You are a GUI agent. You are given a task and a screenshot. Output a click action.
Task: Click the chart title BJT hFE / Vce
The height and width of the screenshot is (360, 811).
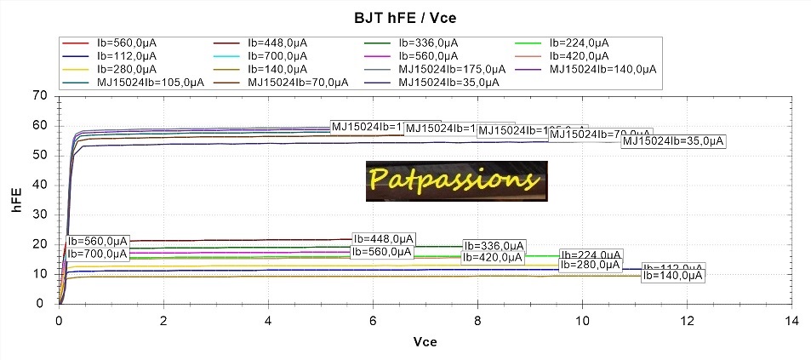pos(405,16)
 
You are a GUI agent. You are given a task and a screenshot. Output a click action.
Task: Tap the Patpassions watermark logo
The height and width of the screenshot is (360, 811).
pos(457,180)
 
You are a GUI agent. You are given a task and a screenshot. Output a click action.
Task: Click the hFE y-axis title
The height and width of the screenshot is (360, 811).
pos(17,200)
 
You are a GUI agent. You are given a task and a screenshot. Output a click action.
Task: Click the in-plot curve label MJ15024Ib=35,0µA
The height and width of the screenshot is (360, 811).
pos(673,141)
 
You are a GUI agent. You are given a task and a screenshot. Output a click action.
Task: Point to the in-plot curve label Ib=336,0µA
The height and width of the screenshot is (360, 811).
pos(498,246)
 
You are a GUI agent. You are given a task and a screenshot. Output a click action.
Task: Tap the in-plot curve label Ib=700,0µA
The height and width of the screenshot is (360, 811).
pos(98,253)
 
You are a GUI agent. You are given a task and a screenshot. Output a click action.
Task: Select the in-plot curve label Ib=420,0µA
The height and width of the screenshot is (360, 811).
pos(498,257)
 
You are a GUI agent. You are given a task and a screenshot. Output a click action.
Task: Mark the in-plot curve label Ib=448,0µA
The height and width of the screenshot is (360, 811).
pos(384,238)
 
